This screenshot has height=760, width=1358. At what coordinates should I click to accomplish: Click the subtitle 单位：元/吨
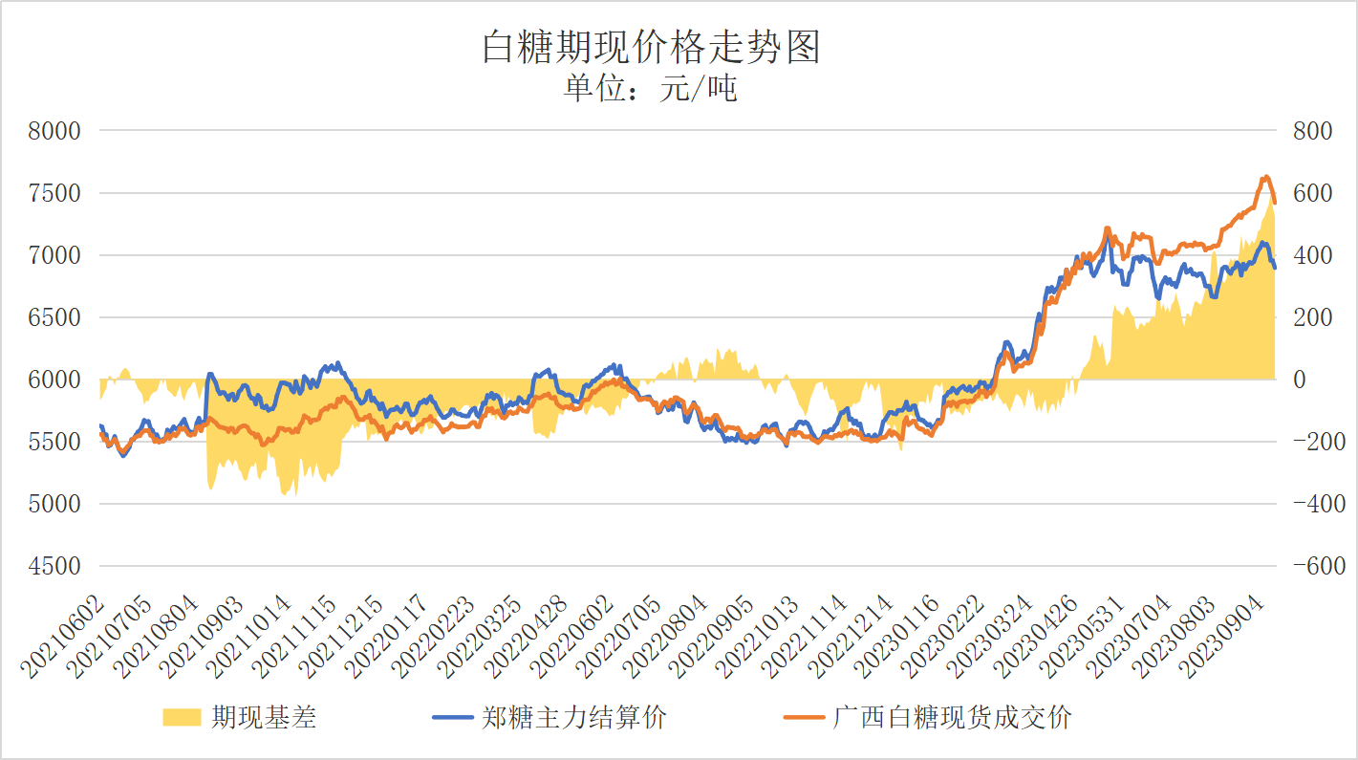pos(651,89)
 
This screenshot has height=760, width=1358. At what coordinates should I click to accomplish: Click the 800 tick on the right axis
pos(1312,131)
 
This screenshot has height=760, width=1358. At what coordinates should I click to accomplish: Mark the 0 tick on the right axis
pos(1300,380)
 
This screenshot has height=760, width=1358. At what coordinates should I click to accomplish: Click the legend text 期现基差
pos(264,717)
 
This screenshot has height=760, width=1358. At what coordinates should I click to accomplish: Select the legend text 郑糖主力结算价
pos(574,717)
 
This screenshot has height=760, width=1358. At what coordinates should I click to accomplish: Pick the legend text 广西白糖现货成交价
pos(953,717)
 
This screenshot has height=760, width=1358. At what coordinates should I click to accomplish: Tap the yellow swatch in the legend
pos(182,717)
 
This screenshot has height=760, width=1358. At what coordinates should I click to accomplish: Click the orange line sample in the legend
pos(803,717)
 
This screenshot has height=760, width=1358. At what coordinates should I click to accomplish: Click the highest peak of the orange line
pos(1265,176)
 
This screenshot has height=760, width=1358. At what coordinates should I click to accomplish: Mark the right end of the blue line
pos(1274,269)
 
